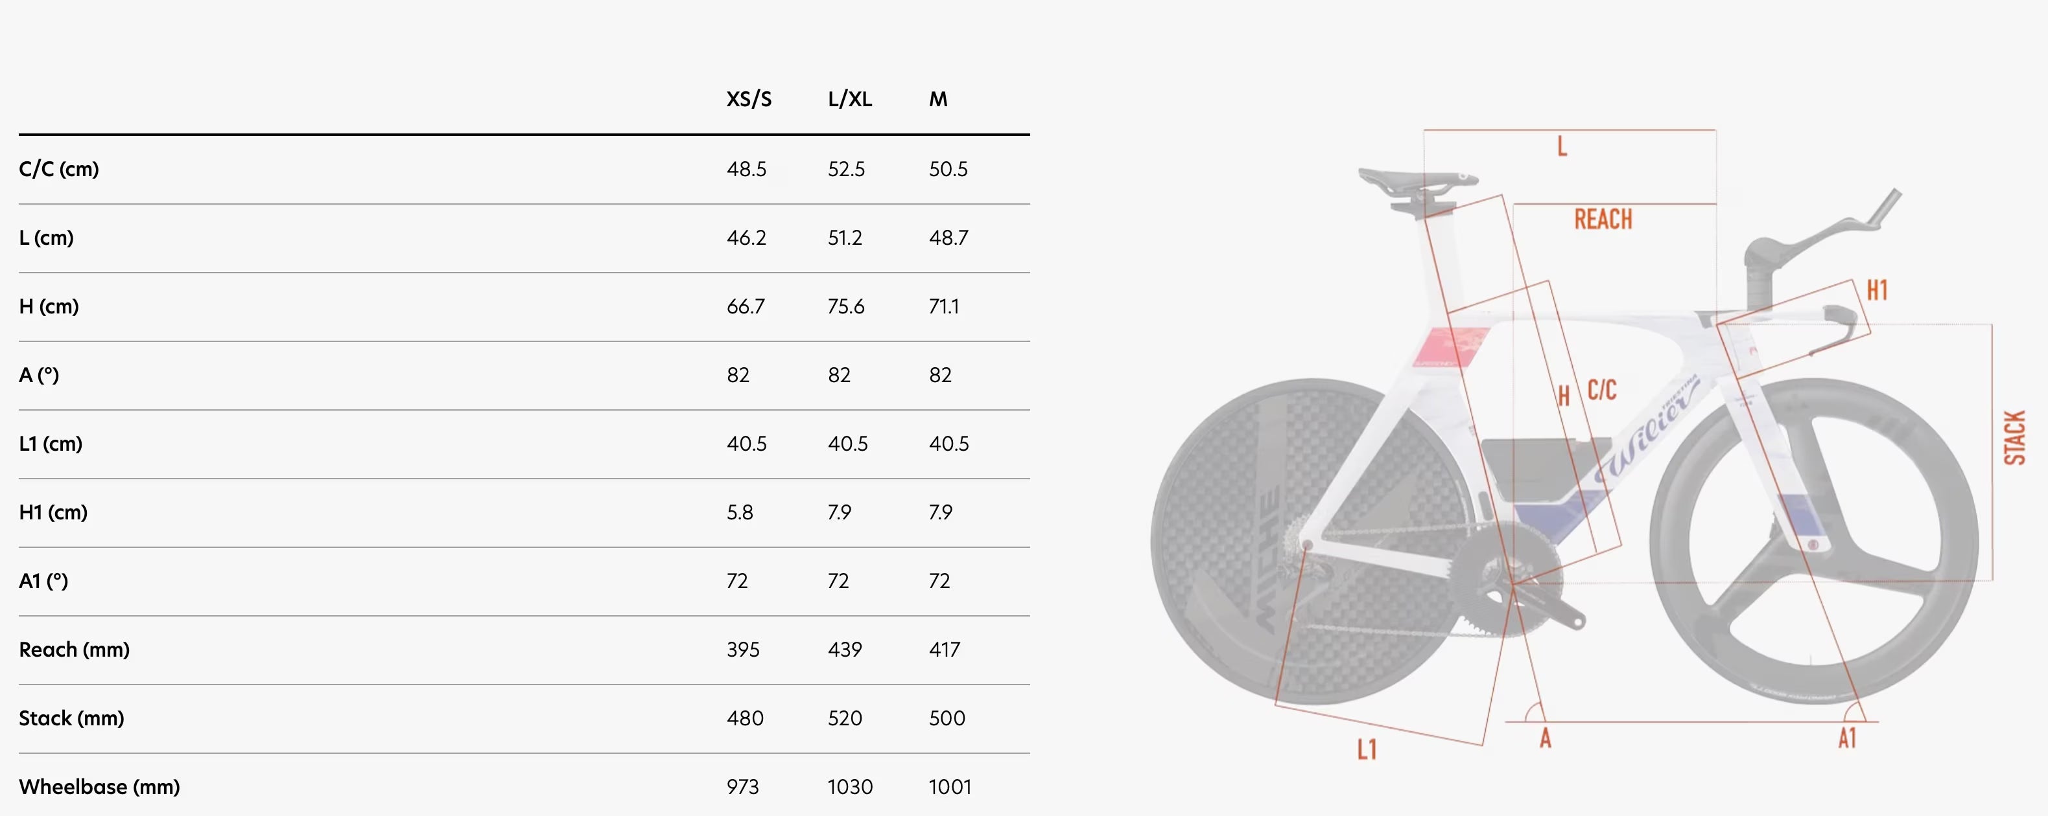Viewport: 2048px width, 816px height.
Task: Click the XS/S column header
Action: (749, 99)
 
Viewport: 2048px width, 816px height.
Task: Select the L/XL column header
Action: (850, 99)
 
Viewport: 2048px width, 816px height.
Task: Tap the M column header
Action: (938, 99)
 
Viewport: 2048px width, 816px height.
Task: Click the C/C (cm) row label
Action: (59, 169)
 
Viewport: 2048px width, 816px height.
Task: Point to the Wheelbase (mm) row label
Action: (99, 788)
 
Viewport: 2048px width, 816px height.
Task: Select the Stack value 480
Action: (745, 718)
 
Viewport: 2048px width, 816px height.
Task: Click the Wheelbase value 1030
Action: (850, 788)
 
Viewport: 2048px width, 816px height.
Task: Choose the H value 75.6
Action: (846, 307)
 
